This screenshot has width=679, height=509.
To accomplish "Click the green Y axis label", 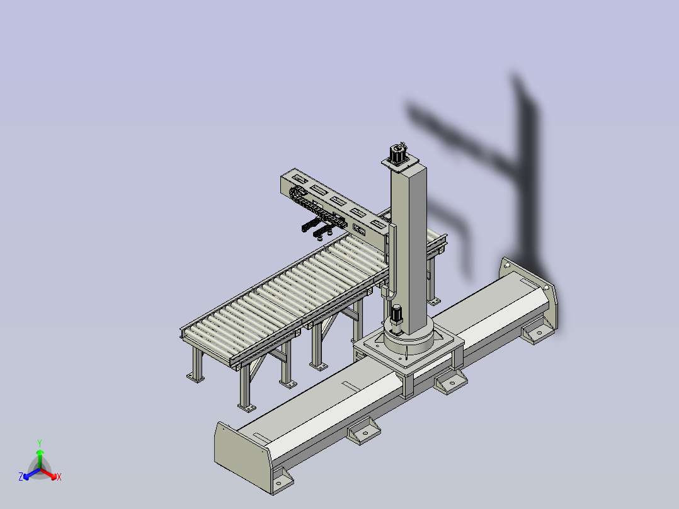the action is tap(40, 443).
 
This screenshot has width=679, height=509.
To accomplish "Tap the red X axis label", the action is tap(59, 477).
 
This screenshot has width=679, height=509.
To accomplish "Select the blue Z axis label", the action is tap(21, 476).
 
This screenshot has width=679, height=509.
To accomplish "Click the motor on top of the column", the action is tap(398, 153).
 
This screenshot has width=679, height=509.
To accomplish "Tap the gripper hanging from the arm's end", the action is tap(318, 228).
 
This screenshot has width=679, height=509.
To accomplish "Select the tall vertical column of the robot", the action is tap(408, 247).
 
